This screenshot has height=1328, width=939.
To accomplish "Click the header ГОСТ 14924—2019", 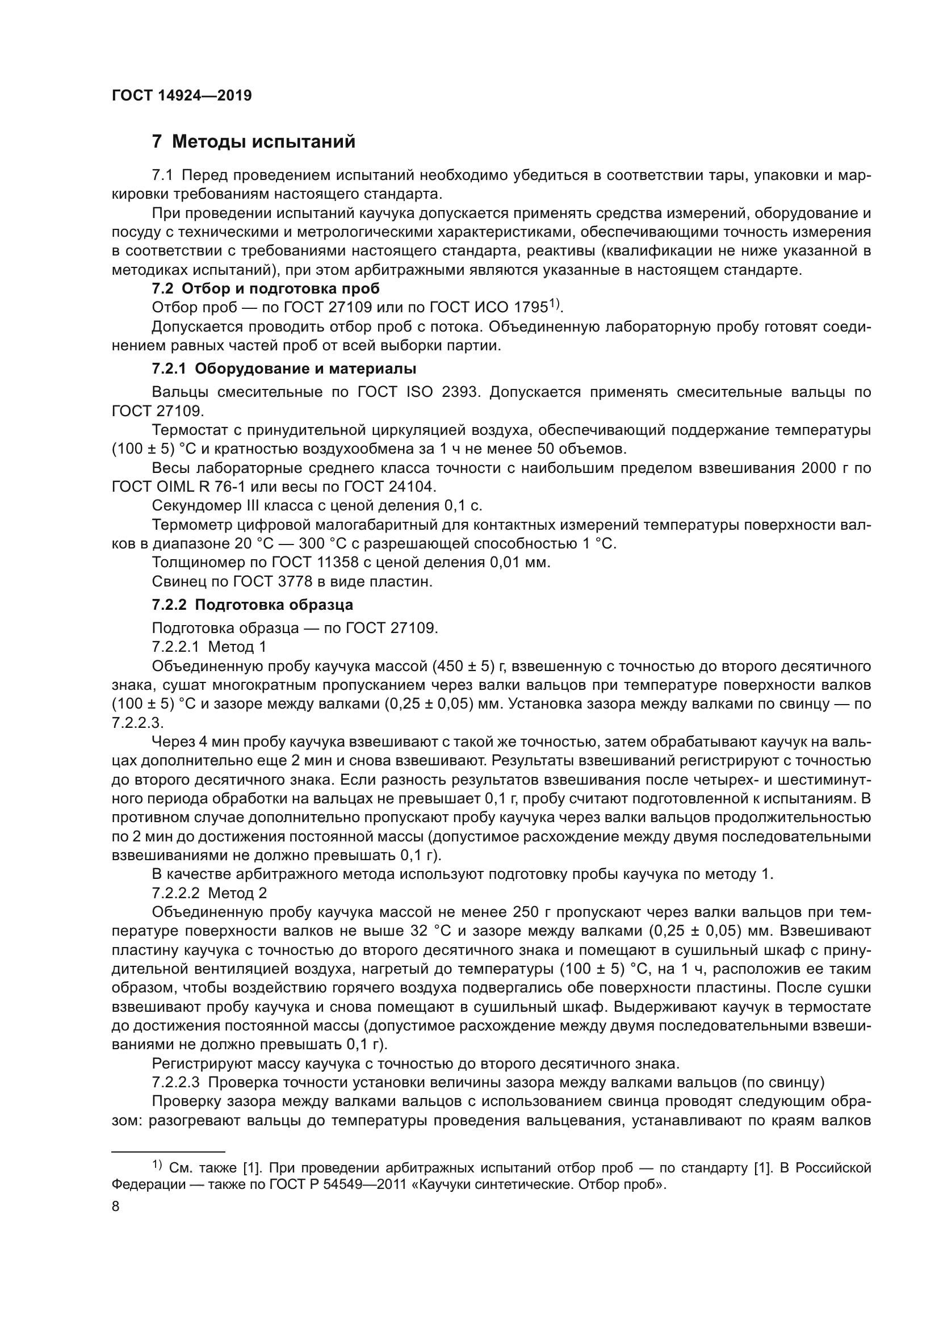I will (182, 96).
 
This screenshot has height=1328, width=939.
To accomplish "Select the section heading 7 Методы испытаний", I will (253, 141).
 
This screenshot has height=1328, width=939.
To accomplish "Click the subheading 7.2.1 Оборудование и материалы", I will (284, 368).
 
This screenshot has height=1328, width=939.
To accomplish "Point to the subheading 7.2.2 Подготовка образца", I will (252, 605).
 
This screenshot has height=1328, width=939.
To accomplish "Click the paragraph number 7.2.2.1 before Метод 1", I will (176, 646).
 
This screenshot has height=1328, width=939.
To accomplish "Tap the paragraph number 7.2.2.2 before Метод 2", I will (176, 893).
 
